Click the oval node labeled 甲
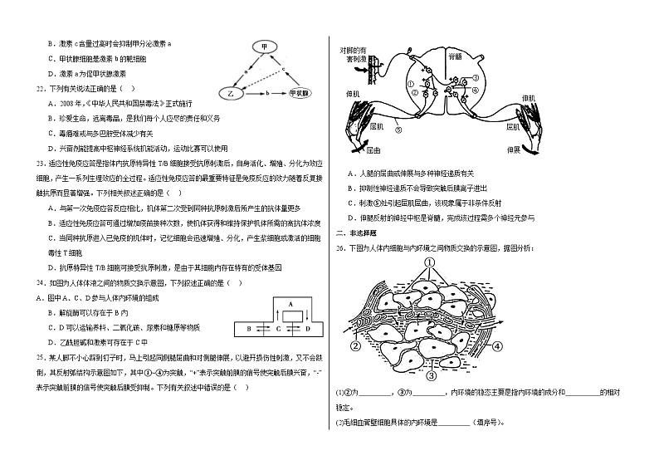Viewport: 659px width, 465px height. pyautogui.click(x=263, y=46)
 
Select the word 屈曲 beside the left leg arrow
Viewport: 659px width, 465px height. pyautogui.click(x=373, y=150)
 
